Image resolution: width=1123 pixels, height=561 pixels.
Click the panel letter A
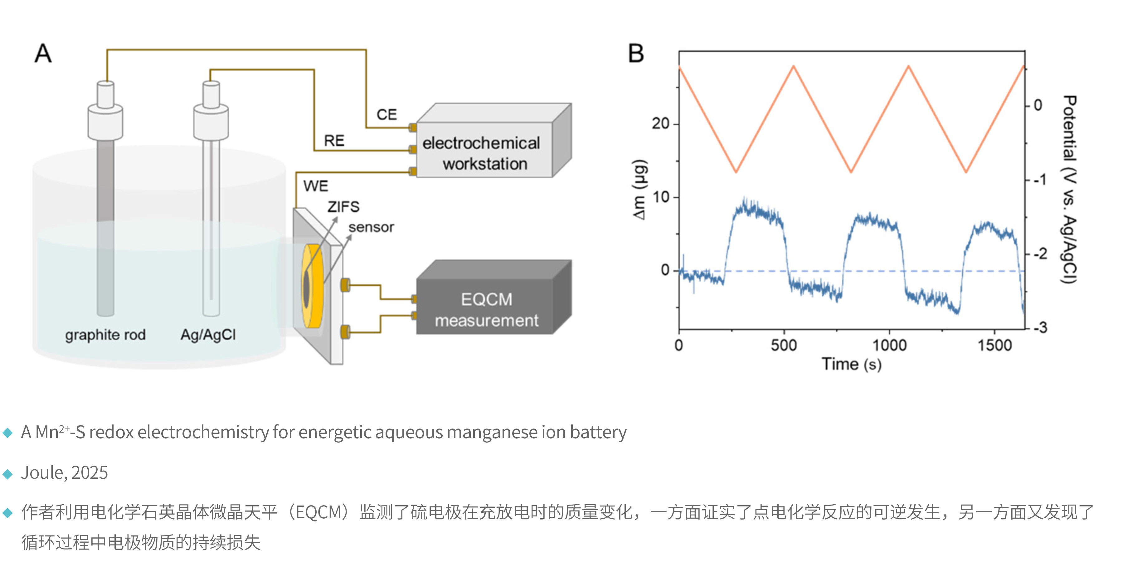(x=43, y=54)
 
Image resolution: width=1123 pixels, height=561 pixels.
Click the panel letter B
(x=636, y=54)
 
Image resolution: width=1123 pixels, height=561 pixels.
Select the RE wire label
(x=334, y=141)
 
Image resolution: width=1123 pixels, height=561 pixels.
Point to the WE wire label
(x=316, y=186)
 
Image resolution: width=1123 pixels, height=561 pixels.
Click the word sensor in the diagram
(x=371, y=228)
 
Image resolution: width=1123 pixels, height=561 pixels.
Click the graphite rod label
(x=105, y=335)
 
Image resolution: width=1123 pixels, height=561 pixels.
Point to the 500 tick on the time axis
(x=784, y=345)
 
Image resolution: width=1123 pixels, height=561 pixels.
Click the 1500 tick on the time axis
(x=994, y=345)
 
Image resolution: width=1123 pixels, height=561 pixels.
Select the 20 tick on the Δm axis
(x=660, y=124)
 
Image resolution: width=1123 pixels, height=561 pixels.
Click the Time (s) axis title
(x=851, y=364)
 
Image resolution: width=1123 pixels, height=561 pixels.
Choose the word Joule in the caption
(x=42, y=472)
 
